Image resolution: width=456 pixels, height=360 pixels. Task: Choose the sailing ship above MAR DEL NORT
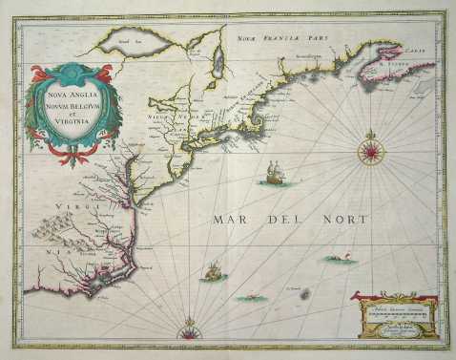coord(275,175)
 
